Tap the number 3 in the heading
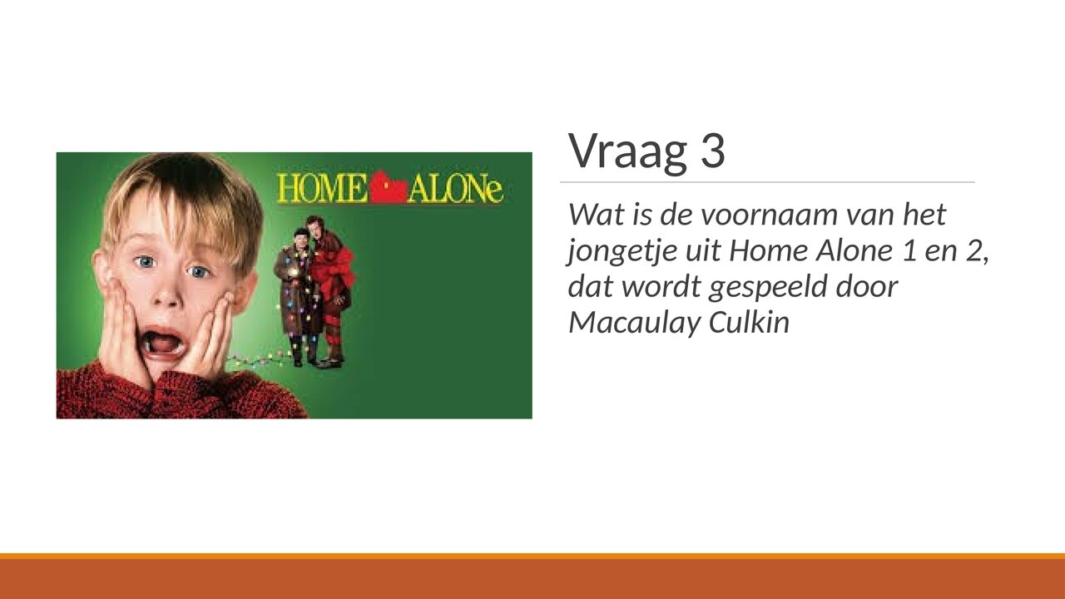tap(711, 151)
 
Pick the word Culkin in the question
tap(749, 322)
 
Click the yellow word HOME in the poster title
tap(322, 189)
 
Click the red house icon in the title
tap(389, 188)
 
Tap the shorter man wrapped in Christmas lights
tap(300, 291)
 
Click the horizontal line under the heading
tap(766, 181)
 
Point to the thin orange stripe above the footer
tap(532, 556)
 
